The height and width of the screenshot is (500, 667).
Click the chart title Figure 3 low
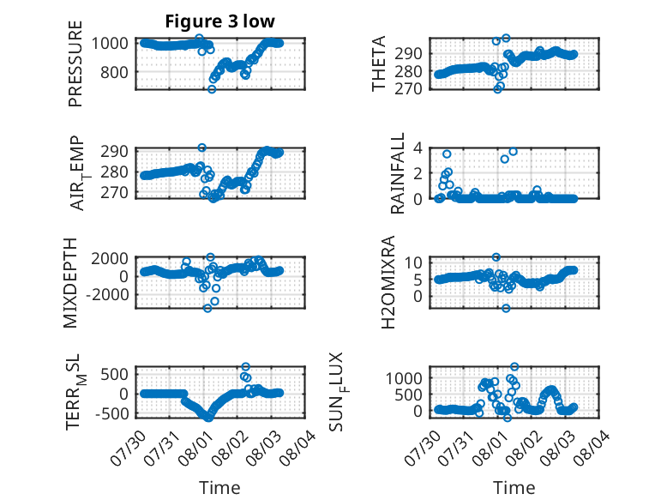pyautogui.click(x=220, y=21)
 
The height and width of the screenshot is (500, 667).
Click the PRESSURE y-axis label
pyautogui.click(x=75, y=63)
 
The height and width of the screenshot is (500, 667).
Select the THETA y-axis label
pyautogui.click(x=378, y=63)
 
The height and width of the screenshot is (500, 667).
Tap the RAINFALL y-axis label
pyautogui.click(x=397, y=173)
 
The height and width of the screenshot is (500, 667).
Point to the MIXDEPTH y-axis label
pyautogui.click(x=70, y=282)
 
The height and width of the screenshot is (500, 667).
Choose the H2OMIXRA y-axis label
pyautogui.click(x=388, y=282)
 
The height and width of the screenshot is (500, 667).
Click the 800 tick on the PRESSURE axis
pyautogui.click(x=114, y=72)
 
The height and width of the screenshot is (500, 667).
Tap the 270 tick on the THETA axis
pyautogui.click(x=408, y=89)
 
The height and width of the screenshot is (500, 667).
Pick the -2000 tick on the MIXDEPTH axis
pyautogui.click(x=107, y=294)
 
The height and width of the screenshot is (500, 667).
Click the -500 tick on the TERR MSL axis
pyautogui.click(x=111, y=413)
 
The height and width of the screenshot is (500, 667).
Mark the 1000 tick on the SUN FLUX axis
pyautogui.click(x=404, y=378)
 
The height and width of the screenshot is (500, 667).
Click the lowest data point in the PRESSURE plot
pyautogui.click(x=212, y=89)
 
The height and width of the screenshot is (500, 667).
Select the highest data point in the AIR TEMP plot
pyautogui.click(x=202, y=148)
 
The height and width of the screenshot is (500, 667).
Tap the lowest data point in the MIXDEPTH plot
pyautogui.click(x=207, y=308)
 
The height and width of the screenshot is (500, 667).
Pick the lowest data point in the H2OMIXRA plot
pyautogui.click(x=506, y=308)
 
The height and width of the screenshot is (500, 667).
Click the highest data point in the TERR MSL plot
pyautogui.click(x=245, y=366)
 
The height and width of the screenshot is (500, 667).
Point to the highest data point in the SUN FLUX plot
pyautogui.click(x=514, y=366)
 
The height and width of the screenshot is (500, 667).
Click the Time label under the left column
pyautogui.click(x=219, y=488)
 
